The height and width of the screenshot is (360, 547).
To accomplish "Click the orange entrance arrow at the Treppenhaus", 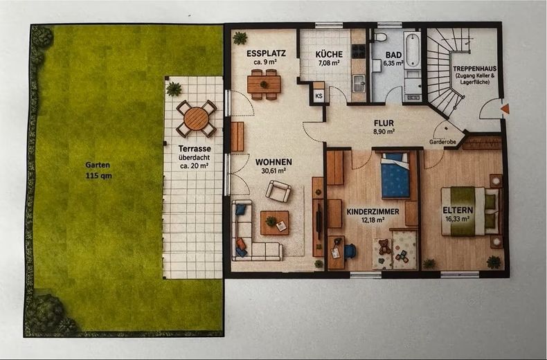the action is (505, 109).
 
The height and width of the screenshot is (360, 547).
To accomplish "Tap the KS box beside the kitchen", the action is (319, 96).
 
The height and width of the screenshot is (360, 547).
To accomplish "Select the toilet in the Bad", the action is (380, 37).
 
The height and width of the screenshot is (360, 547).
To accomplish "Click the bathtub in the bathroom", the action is (412, 50).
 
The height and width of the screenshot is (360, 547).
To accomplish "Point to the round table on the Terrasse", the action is (197, 118).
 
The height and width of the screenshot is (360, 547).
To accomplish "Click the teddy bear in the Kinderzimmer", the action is (384, 246).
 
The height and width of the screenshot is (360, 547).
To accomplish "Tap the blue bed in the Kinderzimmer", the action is (395, 175).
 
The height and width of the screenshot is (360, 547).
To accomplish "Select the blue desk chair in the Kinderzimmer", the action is (350, 251).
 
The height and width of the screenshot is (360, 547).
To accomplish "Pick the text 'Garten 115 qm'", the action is (99, 170).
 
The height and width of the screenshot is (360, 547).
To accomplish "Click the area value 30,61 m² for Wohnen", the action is (273, 171).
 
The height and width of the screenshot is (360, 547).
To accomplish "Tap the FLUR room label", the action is (384, 123).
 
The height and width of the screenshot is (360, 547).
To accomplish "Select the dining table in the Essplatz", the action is (264, 84).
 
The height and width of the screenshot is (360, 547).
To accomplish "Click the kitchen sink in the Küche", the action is (358, 84).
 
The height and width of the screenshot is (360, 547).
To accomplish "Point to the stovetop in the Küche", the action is (358, 51).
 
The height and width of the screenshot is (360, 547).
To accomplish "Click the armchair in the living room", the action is (278, 191).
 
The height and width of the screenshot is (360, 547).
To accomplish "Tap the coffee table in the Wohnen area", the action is (275, 222).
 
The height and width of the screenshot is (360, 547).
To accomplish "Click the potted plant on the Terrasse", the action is (174, 89).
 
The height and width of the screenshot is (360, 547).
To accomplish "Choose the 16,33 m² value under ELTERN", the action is (458, 219).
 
